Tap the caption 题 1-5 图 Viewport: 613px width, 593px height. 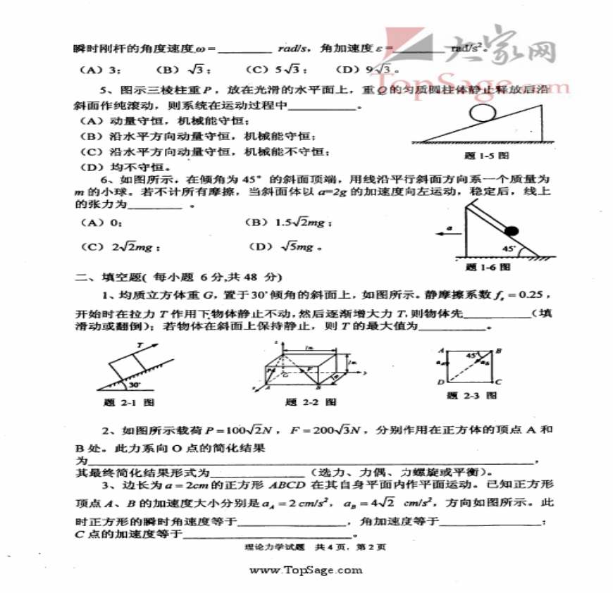coord(485,154)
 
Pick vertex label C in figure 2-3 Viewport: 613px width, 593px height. coord(498,382)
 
